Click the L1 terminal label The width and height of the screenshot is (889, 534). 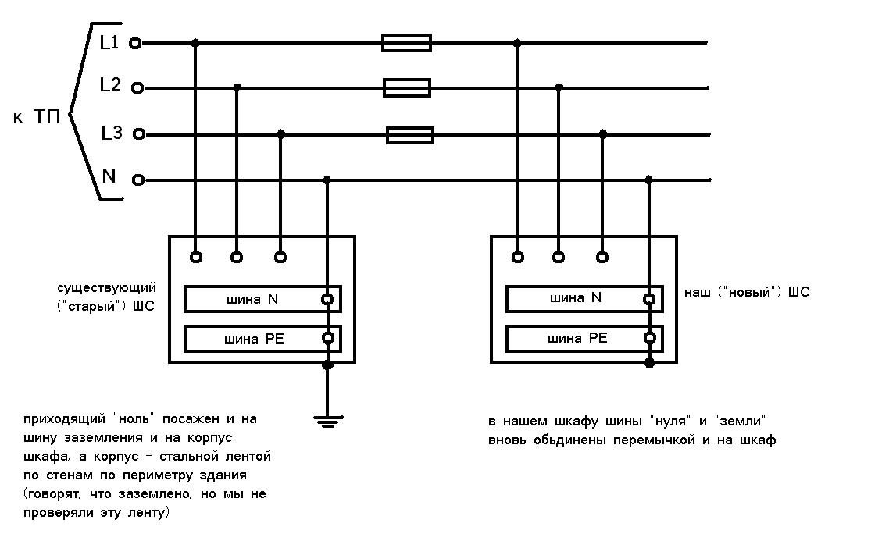pos(109,43)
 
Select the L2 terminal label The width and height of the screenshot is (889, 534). pos(110,85)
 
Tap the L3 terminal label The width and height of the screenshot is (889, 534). pos(112,133)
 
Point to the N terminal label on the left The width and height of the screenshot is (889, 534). pos(109,176)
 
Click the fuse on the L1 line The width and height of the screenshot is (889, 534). pos(406,43)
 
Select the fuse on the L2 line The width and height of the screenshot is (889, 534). pos(407,87)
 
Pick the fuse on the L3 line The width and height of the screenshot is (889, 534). pos(410,135)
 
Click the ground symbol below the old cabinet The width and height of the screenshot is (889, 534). pos(327,421)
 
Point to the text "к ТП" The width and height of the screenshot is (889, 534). pos(37,118)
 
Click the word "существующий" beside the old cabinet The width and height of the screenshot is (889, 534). pos(107,289)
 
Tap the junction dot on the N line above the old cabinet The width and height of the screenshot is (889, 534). pos(327,180)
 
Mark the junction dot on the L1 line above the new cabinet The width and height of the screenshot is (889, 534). pos(517,43)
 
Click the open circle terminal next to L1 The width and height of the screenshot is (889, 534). pos(135,44)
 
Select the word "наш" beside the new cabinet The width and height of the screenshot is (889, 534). pos(698,293)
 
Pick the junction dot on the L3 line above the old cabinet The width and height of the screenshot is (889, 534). pos(281,134)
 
